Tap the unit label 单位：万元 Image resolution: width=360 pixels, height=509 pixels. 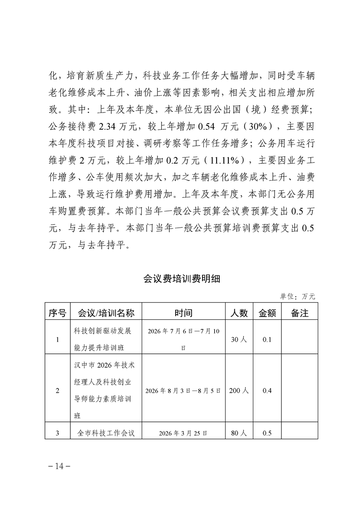point(298,296)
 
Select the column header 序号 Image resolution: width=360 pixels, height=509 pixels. point(57,313)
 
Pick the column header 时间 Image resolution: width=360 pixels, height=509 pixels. point(183,313)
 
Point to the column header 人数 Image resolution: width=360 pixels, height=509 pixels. point(239,313)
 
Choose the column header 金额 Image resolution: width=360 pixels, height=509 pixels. point(267,313)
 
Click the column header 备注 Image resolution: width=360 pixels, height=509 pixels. point(299,313)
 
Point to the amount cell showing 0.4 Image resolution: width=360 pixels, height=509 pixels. point(267,391)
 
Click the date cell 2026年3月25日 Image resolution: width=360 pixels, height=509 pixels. point(183,433)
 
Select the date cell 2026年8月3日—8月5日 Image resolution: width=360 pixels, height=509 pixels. point(183,391)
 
